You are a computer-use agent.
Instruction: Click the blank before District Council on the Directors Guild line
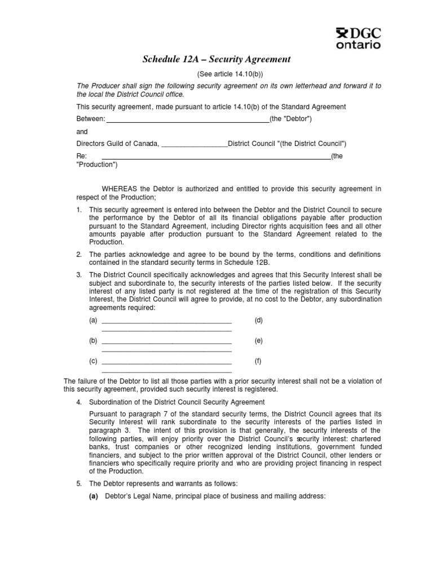pos(195,145)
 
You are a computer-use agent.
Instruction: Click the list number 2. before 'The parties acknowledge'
pos(79,254)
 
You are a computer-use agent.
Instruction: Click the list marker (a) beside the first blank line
pos(93,321)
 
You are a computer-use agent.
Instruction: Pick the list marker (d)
pos(258,321)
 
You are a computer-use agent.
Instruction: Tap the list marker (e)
pos(258,341)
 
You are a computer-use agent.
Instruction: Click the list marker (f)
pos(258,361)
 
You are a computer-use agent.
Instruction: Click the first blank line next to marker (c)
pos(166,363)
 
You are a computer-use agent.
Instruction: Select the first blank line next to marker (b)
pos(166,343)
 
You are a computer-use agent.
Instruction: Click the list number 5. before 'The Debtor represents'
pos(79,483)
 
